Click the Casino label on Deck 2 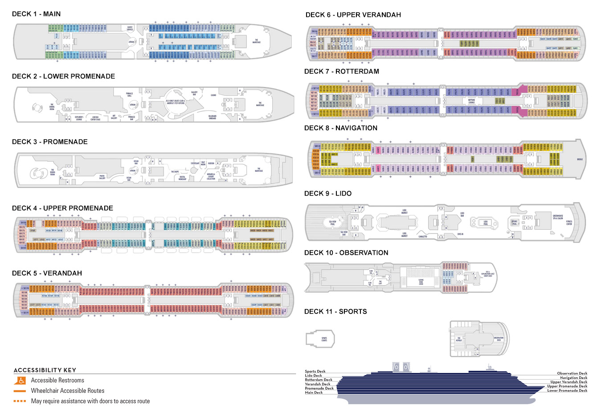click(213, 95)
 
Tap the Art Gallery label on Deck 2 click(114, 117)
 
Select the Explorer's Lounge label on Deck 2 click(79, 119)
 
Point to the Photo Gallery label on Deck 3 click(102, 177)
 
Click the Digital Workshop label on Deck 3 click(182, 178)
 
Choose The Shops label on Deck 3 click(175, 172)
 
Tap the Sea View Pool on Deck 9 click(332, 223)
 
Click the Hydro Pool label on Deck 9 click(514, 222)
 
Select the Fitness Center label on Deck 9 click(569, 223)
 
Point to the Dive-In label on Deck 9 click(460, 234)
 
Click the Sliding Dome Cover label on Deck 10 click(421, 282)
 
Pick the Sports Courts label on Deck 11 click(324, 339)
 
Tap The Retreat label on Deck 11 click(459, 339)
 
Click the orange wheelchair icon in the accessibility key click(20, 380)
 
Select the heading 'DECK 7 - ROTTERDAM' click(341, 71)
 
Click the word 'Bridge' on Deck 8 click(580, 159)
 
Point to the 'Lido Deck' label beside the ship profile click(313, 376)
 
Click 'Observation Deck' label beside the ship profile click(572, 373)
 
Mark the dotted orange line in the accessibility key click(20, 401)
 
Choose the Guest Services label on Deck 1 click(130, 29)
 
